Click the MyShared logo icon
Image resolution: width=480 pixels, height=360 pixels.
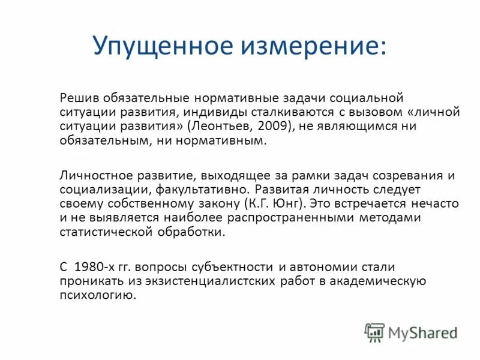(x=375, y=332)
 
